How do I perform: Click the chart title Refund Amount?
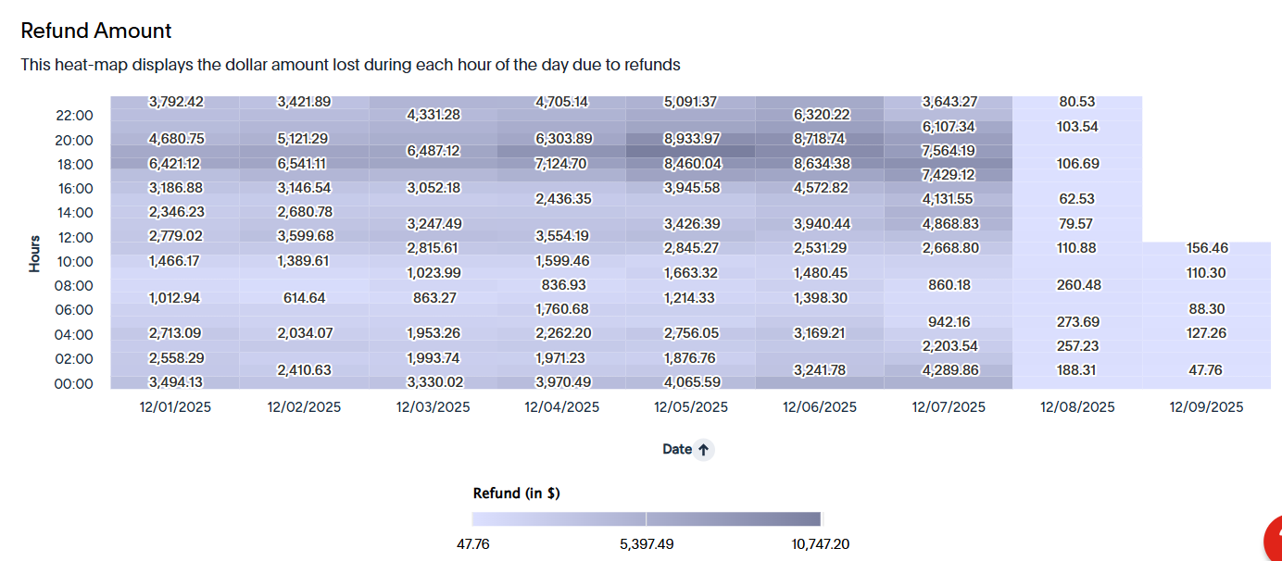tap(96, 31)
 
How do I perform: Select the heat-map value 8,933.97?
tap(691, 139)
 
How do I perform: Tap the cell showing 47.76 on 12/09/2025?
tap(1205, 370)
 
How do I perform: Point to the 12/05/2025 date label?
tap(691, 407)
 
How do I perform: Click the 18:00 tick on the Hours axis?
tap(75, 165)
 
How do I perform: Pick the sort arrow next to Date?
tap(703, 450)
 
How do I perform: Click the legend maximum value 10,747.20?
tap(820, 543)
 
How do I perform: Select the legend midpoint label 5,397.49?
tap(647, 543)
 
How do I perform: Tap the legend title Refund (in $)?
tap(516, 492)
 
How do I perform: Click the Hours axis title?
tap(35, 254)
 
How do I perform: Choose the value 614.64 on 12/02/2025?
tap(304, 298)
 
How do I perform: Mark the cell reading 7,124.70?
tap(561, 164)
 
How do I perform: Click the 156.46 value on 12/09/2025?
tap(1207, 247)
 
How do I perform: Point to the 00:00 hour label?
tap(73, 384)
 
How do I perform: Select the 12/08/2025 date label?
tap(1077, 407)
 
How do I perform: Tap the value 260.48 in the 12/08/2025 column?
tap(1078, 285)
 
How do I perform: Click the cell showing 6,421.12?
tap(174, 164)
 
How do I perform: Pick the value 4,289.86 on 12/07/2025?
tap(949, 370)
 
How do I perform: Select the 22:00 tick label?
tap(74, 116)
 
